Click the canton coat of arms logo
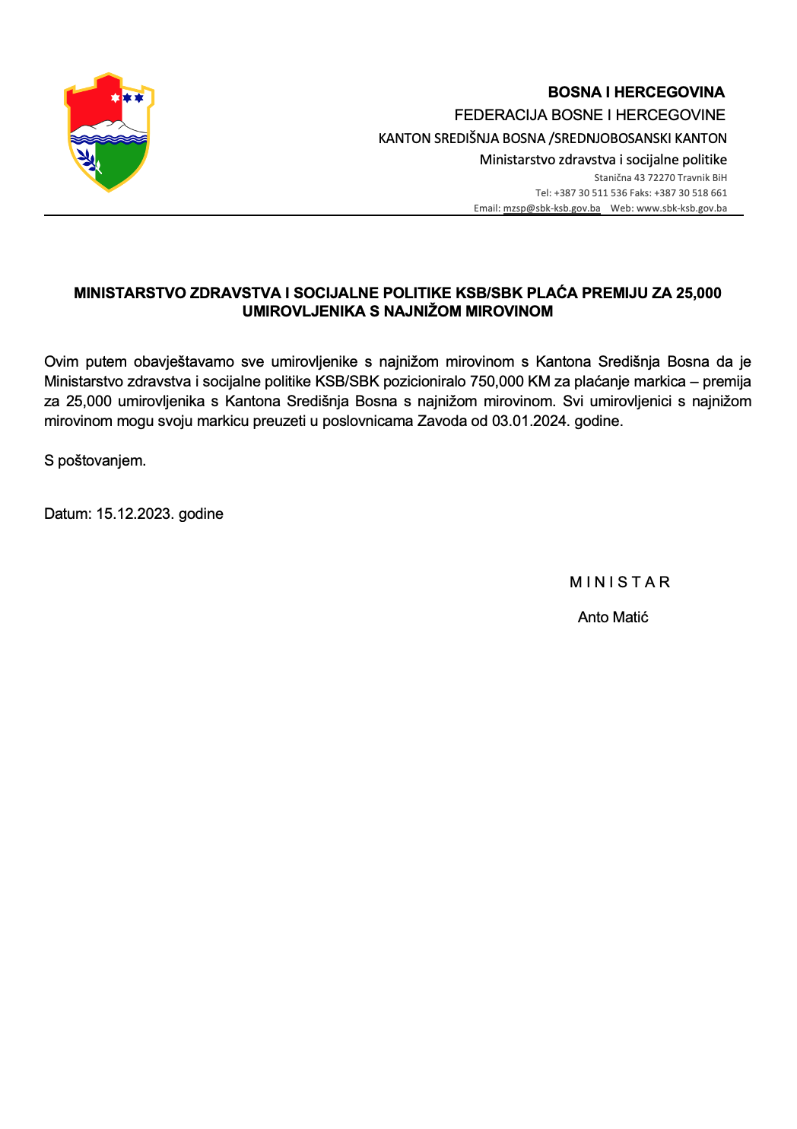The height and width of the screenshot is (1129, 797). click(x=109, y=132)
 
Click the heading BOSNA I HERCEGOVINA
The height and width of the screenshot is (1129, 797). click(x=636, y=92)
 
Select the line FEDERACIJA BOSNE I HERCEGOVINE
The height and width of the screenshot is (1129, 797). click(x=589, y=115)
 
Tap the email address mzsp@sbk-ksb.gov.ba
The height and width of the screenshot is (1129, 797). click(x=551, y=208)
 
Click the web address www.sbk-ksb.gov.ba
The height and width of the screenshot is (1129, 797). click(x=681, y=208)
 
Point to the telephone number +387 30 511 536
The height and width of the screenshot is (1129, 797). click(x=590, y=193)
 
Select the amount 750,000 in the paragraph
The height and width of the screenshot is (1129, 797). click(x=491, y=381)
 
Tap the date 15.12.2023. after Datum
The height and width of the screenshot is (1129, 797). click(x=134, y=514)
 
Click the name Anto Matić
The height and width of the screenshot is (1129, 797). click(x=613, y=617)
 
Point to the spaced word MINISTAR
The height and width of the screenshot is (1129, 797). click(x=620, y=582)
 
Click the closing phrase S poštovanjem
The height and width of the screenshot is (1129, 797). click(x=95, y=460)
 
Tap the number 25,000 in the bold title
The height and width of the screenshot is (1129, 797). click(x=698, y=293)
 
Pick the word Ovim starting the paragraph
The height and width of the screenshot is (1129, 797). click(x=61, y=361)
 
